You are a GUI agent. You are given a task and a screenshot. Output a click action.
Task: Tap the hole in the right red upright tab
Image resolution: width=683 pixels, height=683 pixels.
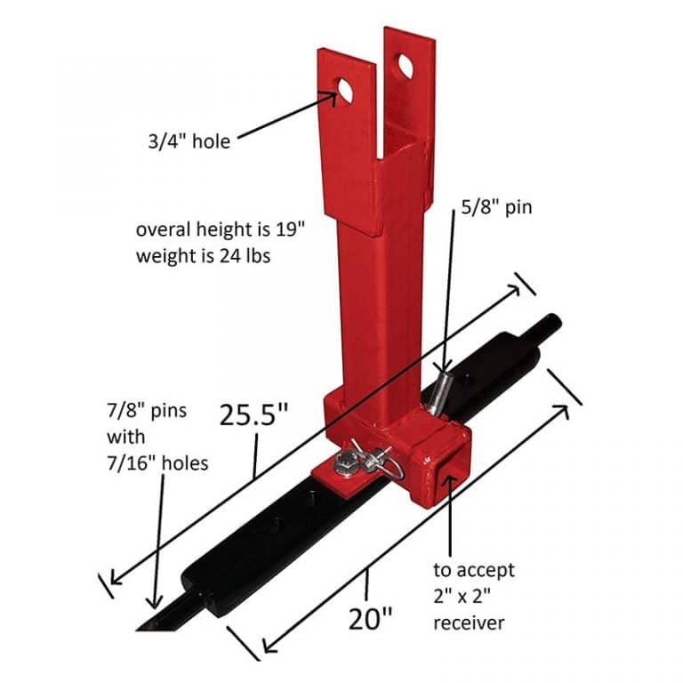coord(406,68)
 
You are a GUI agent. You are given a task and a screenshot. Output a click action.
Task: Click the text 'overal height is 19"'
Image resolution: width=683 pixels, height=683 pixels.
coord(220,229)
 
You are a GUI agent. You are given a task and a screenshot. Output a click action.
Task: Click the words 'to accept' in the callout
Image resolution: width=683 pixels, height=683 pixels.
coord(473,569)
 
